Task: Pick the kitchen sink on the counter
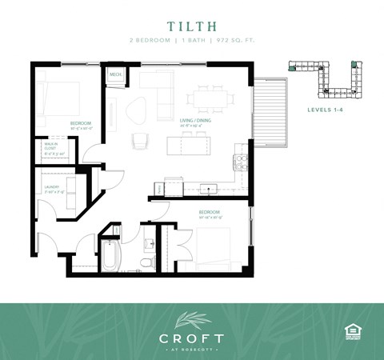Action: point(210,190)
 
